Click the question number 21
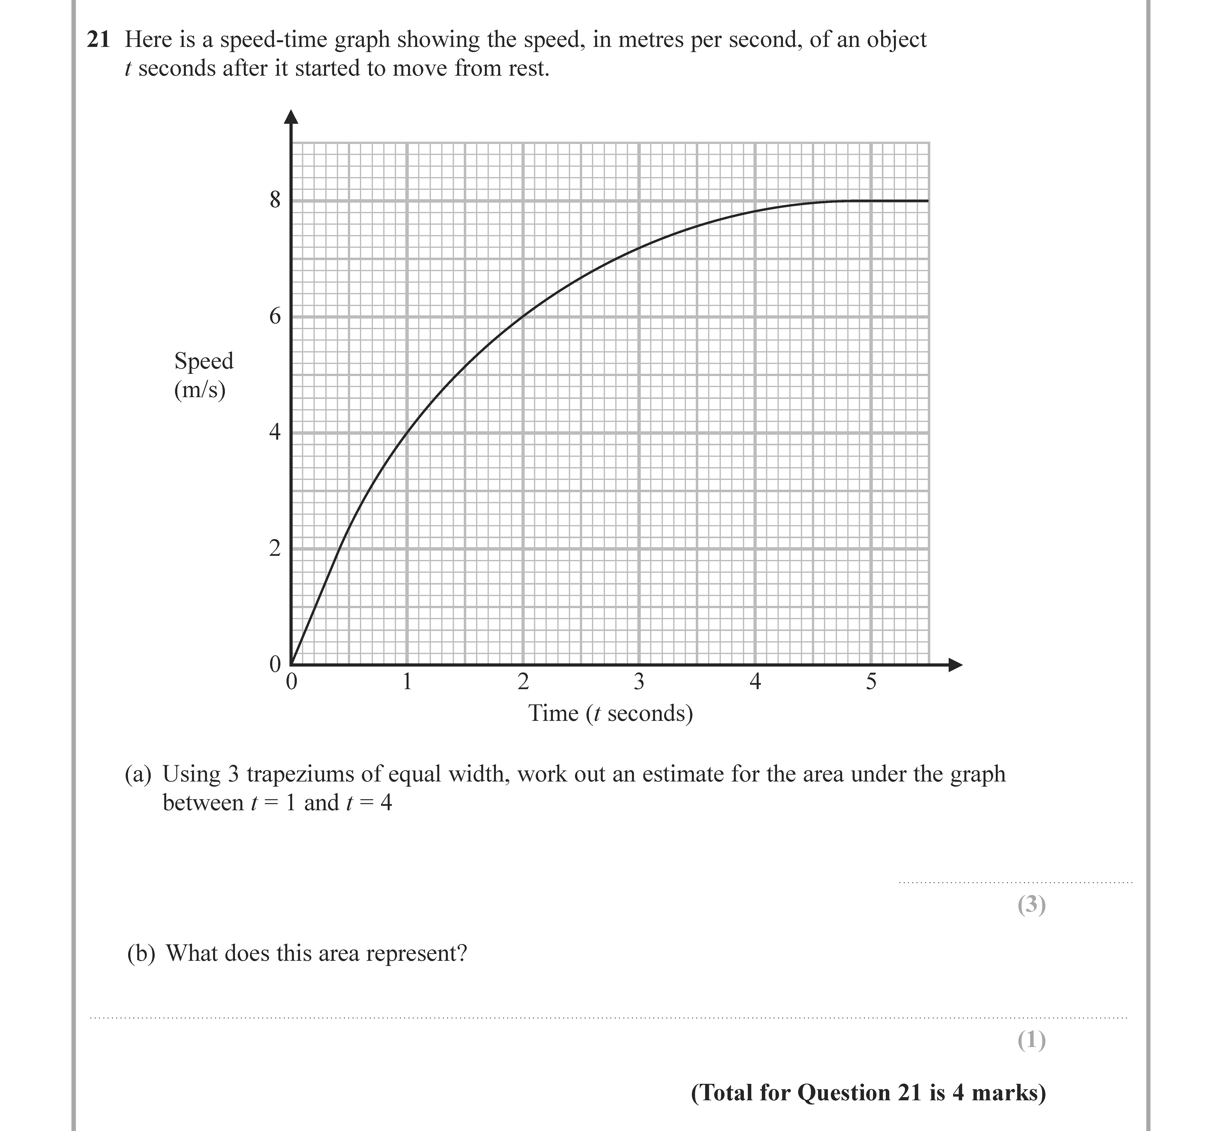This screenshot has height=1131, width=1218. coord(98,40)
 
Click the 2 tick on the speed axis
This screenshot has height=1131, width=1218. coord(275,548)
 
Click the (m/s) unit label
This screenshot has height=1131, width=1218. coord(200,390)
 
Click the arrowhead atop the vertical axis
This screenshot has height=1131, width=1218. coord(292,116)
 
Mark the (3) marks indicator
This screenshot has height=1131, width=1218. coord(1031,905)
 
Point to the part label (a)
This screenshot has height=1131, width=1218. coord(138,774)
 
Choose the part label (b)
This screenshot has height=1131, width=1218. coord(141,953)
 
